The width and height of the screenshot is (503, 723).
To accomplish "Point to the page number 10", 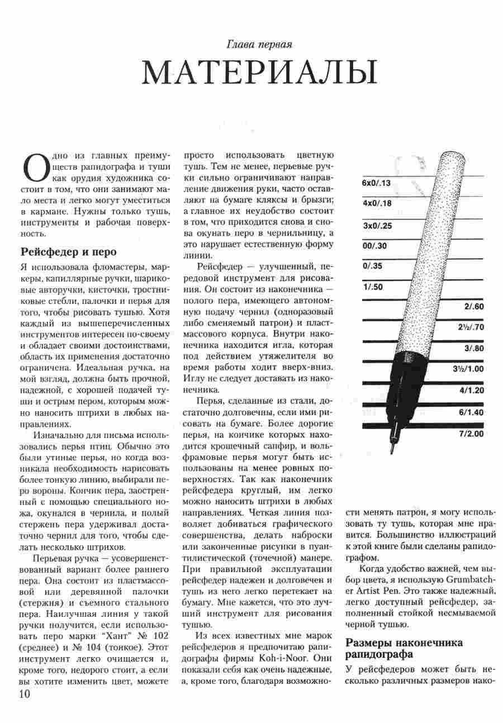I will pyautogui.click(x=25, y=694).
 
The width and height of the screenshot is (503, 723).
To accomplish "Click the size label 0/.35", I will pyautogui.click(x=372, y=266).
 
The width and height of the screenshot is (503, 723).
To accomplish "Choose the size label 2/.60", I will pyautogui.click(x=473, y=307).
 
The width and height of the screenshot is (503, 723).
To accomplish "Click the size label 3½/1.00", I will pyautogui.click(x=467, y=369).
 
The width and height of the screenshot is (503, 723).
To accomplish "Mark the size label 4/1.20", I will pyautogui.click(x=471, y=390).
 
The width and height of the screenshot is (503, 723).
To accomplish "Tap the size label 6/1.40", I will pyautogui.click(x=471, y=412).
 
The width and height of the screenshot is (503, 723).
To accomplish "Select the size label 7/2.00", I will pyautogui.click(x=471, y=433).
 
